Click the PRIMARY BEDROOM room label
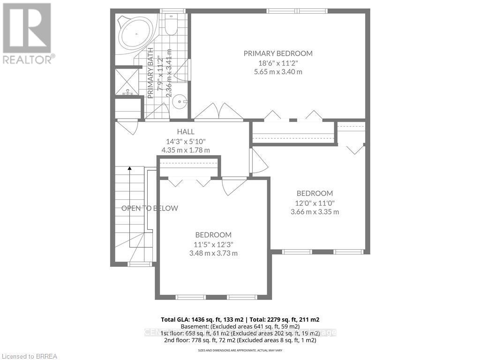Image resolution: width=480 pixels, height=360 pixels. click(x=277, y=53)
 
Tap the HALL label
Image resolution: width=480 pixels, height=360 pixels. click(x=186, y=132)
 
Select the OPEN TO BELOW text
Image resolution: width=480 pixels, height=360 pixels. click(x=150, y=208)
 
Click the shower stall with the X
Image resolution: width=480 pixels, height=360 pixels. click(x=127, y=81)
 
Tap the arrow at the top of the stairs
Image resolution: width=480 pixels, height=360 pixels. click(x=129, y=169)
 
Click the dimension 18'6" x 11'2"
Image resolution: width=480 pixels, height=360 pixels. click(x=277, y=63)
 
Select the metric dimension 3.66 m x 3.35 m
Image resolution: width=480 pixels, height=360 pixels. click(x=315, y=211)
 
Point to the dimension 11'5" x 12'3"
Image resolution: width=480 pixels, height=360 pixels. click(x=213, y=244)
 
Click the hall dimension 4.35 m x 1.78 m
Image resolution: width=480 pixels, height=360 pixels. click(x=186, y=150)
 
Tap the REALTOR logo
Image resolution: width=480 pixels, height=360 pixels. click(x=27, y=33)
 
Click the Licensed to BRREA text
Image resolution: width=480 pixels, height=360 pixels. click(x=29, y=356)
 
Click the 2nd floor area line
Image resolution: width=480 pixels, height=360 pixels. click(x=240, y=340)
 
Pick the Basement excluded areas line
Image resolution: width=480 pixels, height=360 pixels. click(x=240, y=326)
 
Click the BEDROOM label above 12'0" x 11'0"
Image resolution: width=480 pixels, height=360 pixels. click(x=315, y=193)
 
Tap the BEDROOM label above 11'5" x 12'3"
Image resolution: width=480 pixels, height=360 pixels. click(x=213, y=235)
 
